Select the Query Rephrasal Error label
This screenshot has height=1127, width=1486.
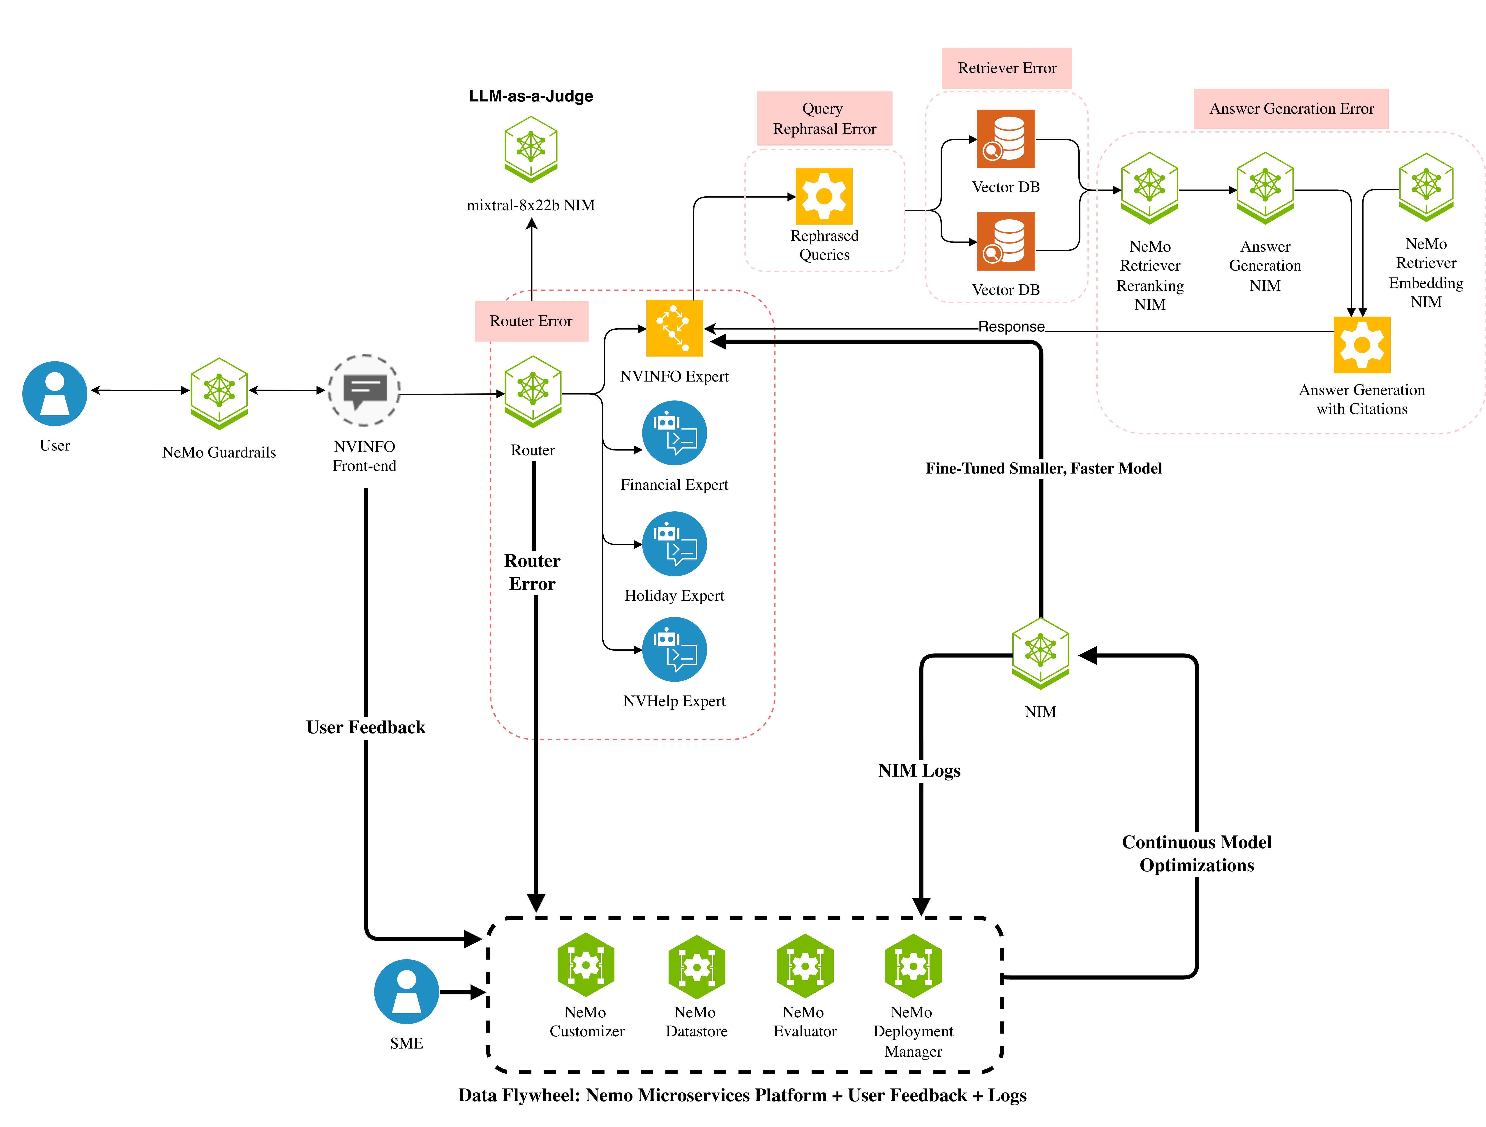click(824, 119)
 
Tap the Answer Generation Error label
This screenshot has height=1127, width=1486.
click(1290, 109)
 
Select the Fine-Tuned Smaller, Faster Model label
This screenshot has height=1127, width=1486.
click(1043, 468)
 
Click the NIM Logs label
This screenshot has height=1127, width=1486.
click(919, 770)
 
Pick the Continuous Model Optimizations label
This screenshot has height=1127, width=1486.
click(1196, 854)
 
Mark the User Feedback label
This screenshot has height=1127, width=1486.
click(365, 727)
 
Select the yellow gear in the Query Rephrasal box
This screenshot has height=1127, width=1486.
click(824, 196)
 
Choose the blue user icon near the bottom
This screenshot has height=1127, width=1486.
click(406, 991)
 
